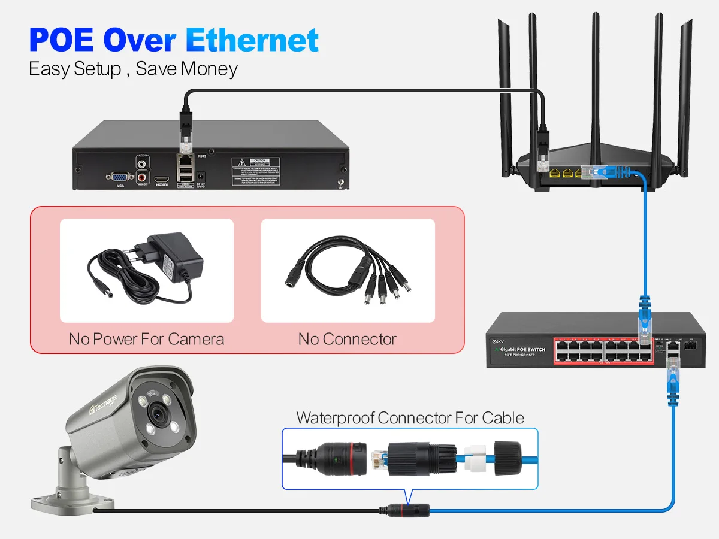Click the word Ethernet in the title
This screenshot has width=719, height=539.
[x=252, y=40]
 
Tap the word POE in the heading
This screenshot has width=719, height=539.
[x=63, y=40]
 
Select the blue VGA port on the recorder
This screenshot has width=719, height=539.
[x=120, y=177]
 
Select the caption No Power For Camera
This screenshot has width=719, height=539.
[x=146, y=339]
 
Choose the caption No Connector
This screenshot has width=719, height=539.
[x=348, y=339]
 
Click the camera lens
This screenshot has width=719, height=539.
[x=158, y=412]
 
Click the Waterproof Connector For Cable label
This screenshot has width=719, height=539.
[x=410, y=417]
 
